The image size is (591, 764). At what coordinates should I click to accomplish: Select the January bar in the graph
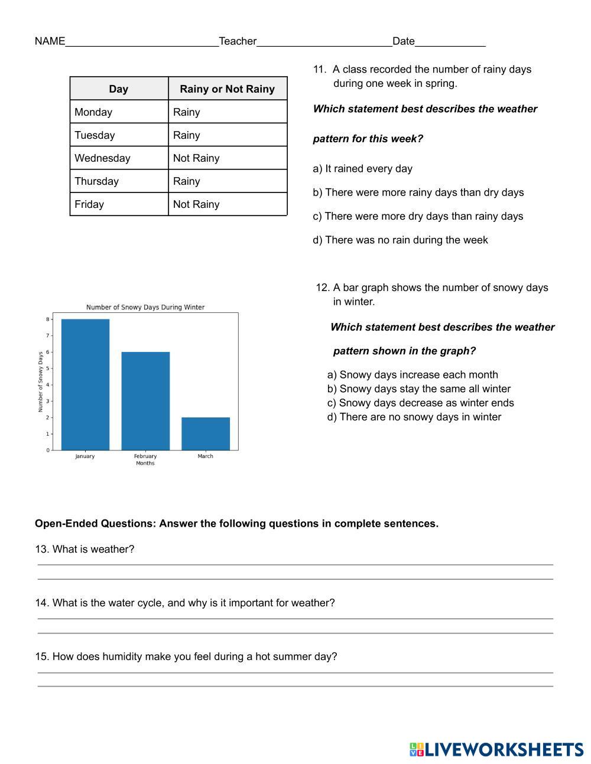pos(85,384)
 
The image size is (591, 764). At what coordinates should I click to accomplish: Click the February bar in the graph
pos(145,401)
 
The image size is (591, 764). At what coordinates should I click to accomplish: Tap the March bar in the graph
pos(205,433)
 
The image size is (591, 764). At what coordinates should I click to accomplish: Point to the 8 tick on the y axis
pos(48,319)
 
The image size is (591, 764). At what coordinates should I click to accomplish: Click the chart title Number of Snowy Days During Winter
pos(145,307)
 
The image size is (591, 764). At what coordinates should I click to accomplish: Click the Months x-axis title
pos(145,463)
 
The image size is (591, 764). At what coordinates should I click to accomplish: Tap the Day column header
pos(119,89)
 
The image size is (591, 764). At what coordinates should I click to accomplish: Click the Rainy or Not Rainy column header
pos(227,89)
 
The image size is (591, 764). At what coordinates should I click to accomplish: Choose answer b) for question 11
pos(418,192)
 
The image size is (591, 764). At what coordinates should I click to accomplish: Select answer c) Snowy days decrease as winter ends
pos(420,403)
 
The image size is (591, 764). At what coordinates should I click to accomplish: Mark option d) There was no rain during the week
pos(400,240)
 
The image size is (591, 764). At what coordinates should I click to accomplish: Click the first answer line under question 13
pos(295,564)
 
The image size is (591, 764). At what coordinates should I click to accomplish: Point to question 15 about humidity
pos(186,657)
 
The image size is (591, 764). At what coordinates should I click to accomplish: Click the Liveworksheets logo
pos(496,749)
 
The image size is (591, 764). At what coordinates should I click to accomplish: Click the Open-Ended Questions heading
pos(236,524)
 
